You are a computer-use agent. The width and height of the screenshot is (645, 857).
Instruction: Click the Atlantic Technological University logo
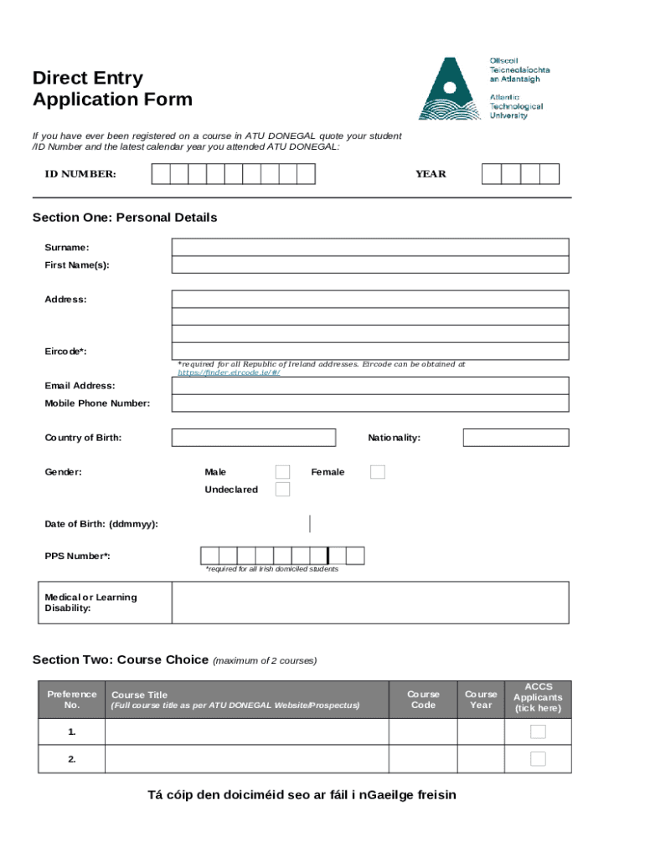pyautogui.click(x=483, y=88)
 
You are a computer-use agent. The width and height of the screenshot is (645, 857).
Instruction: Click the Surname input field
pyautogui.click(x=369, y=247)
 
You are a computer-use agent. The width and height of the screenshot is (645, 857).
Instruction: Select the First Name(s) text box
pyautogui.click(x=369, y=264)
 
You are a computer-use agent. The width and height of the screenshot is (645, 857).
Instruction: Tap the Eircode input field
pyautogui.click(x=369, y=351)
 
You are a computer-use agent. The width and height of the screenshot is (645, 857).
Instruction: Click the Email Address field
pyautogui.click(x=369, y=385)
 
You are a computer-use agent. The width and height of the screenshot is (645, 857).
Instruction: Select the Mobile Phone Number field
pyautogui.click(x=369, y=403)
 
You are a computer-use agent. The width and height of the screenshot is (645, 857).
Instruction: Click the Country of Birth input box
pyautogui.click(x=253, y=438)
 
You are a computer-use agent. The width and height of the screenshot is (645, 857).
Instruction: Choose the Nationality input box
pyautogui.click(x=515, y=438)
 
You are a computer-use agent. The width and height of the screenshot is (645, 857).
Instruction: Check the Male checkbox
pyautogui.click(x=283, y=472)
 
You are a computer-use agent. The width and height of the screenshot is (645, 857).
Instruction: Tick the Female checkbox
pyautogui.click(x=378, y=472)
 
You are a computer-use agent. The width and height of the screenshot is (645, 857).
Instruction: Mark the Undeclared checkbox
pyautogui.click(x=283, y=490)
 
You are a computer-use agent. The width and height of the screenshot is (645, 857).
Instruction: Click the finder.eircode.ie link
pyautogui.click(x=228, y=372)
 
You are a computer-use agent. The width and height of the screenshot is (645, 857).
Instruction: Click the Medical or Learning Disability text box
pyautogui.click(x=369, y=603)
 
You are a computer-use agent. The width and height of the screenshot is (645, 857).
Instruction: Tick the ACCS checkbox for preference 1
pyautogui.click(x=538, y=732)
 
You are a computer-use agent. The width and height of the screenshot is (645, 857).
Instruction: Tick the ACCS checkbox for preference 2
pyautogui.click(x=538, y=759)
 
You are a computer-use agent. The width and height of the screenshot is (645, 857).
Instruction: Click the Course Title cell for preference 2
pyautogui.click(x=246, y=759)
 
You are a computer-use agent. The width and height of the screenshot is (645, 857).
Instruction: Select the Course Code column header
pyautogui.click(x=423, y=700)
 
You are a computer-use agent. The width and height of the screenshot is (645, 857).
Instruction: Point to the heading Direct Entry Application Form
pyautogui.click(x=112, y=89)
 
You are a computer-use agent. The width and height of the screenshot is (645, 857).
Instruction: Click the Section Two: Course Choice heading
pyautogui.click(x=120, y=659)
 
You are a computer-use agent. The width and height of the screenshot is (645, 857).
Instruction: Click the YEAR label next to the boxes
pyautogui.click(x=431, y=174)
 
